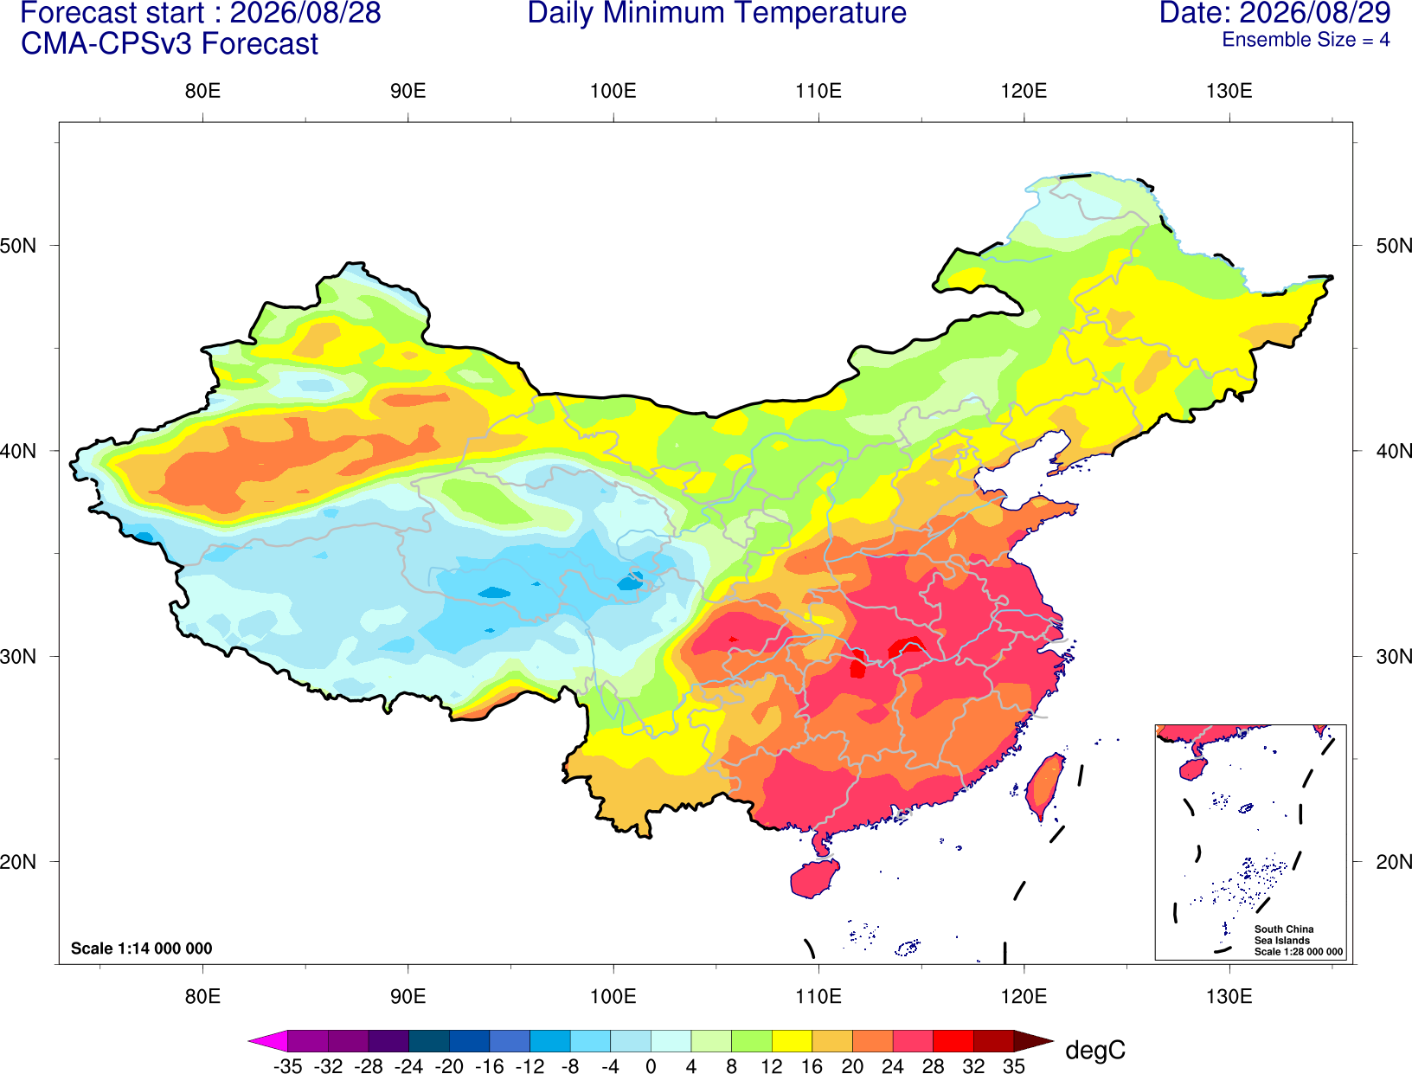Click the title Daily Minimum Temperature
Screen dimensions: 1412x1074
coord(716,12)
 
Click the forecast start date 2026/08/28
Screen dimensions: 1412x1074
coord(305,12)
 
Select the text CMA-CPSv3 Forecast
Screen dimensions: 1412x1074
coord(170,44)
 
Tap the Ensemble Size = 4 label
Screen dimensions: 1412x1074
coord(1306,40)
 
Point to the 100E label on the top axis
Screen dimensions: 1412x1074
coord(613,91)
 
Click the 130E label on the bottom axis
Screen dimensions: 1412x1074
coord(1229,997)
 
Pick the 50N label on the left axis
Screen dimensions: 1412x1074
coord(18,245)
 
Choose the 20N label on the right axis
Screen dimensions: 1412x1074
coord(1394,862)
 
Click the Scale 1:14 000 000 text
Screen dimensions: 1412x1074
coord(142,949)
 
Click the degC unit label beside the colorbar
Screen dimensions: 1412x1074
coord(1095,1051)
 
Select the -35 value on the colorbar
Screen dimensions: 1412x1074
coord(287,1066)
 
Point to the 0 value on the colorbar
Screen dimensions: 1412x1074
coord(651,1066)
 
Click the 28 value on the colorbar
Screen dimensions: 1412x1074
coord(933,1066)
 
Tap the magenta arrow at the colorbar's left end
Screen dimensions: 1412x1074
coord(267,1041)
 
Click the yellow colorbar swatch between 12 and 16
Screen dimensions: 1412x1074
coord(792,1041)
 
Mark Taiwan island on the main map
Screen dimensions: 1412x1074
coord(1044,787)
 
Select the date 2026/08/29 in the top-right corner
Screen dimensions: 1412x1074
coord(1315,12)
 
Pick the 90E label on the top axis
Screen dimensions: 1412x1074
coord(408,91)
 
